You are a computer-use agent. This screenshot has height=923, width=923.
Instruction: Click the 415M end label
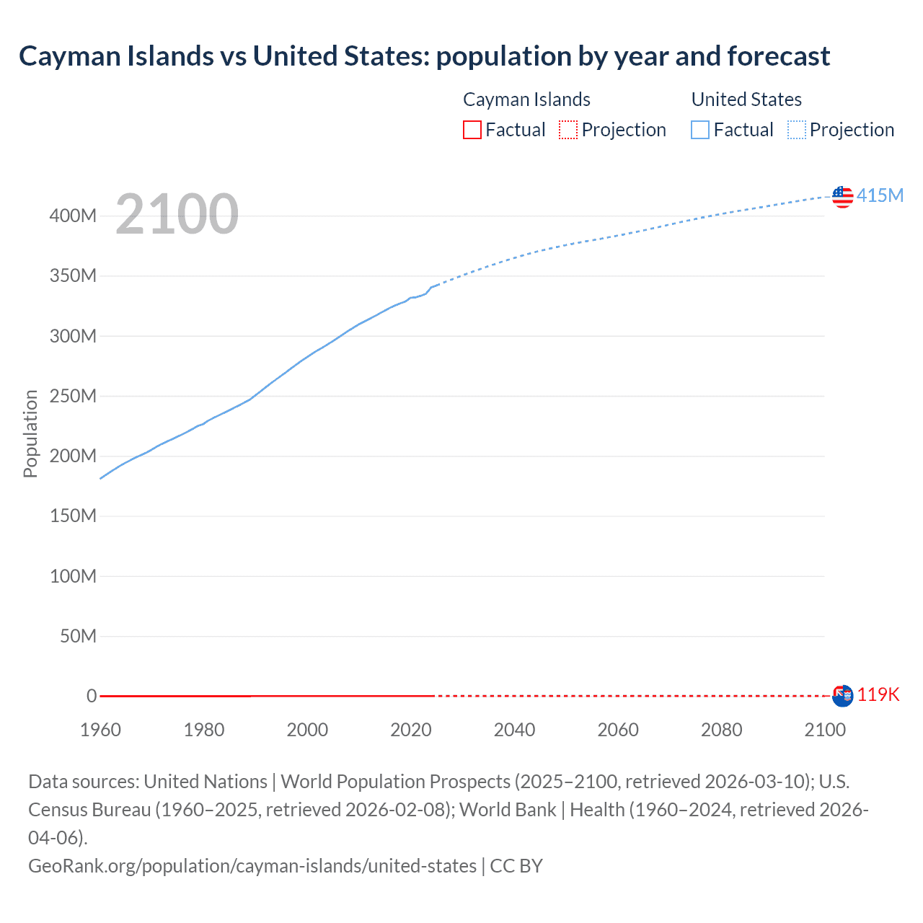[x=880, y=195]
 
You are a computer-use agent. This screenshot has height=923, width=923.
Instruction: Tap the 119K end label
[x=878, y=694]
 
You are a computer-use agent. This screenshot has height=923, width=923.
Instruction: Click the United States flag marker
[x=842, y=196]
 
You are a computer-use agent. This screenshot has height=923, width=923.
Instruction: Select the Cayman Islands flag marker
[x=842, y=696]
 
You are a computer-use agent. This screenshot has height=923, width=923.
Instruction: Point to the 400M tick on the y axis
[x=73, y=216]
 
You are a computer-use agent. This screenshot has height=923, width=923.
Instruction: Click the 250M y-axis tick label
[x=73, y=396]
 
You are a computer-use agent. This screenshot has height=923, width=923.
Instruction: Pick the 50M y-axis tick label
[x=78, y=636]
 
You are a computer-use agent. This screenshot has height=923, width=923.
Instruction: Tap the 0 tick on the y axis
[x=92, y=696]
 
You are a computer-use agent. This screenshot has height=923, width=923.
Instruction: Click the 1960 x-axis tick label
[x=100, y=730]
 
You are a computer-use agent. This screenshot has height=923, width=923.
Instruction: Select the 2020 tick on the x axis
[x=411, y=730]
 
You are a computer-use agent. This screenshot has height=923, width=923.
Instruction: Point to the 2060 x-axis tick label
[x=618, y=730]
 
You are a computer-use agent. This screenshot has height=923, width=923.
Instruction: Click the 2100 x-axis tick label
[x=825, y=730]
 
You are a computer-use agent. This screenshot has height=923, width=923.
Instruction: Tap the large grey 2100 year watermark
[x=177, y=214]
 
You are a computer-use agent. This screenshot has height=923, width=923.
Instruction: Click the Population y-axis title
[x=30, y=433]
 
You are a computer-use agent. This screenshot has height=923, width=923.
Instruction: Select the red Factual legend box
[x=472, y=130]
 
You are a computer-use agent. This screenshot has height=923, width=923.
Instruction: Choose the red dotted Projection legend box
[x=568, y=130]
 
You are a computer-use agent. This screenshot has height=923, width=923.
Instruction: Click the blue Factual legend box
[x=699, y=130]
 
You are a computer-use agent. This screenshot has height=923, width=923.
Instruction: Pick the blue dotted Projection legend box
[x=796, y=130]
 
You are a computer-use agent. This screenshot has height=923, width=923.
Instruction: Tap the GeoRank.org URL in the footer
[x=252, y=865]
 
